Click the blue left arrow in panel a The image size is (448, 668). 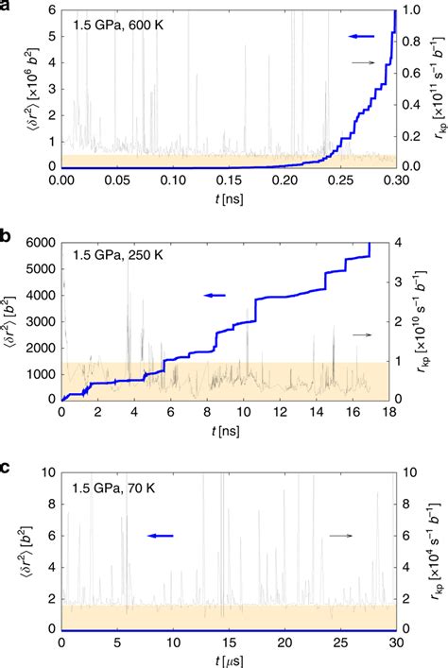[x=362, y=36]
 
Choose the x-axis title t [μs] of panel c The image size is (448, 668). [x=228, y=660]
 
